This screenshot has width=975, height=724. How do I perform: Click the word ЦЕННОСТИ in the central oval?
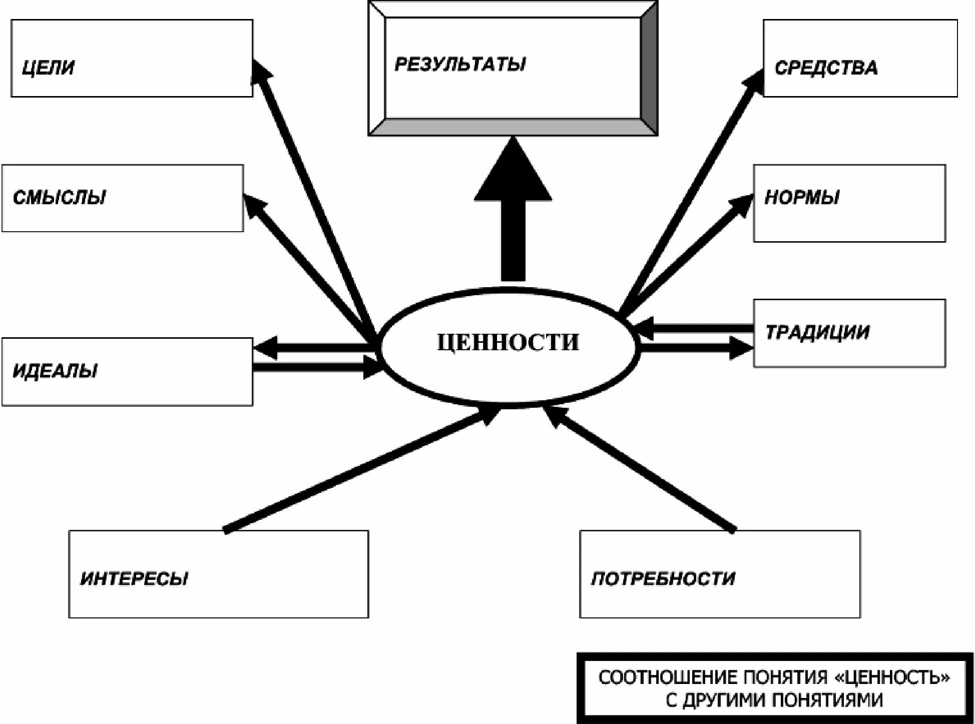click(x=508, y=343)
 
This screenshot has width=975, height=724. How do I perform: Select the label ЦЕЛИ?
click(x=48, y=68)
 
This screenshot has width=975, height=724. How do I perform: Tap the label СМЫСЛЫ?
click(x=60, y=198)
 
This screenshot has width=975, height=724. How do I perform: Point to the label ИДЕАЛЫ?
click(x=55, y=371)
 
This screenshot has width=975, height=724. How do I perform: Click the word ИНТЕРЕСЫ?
click(x=134, y=578)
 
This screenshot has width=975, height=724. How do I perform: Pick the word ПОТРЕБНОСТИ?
click(x=663, y=578)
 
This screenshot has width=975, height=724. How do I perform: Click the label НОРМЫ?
click(x=802, y=198)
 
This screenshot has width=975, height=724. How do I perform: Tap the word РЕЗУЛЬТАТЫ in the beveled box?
click(x=460, y=65)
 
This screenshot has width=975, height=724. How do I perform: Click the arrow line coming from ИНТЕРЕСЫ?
click(x=350, y=473)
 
